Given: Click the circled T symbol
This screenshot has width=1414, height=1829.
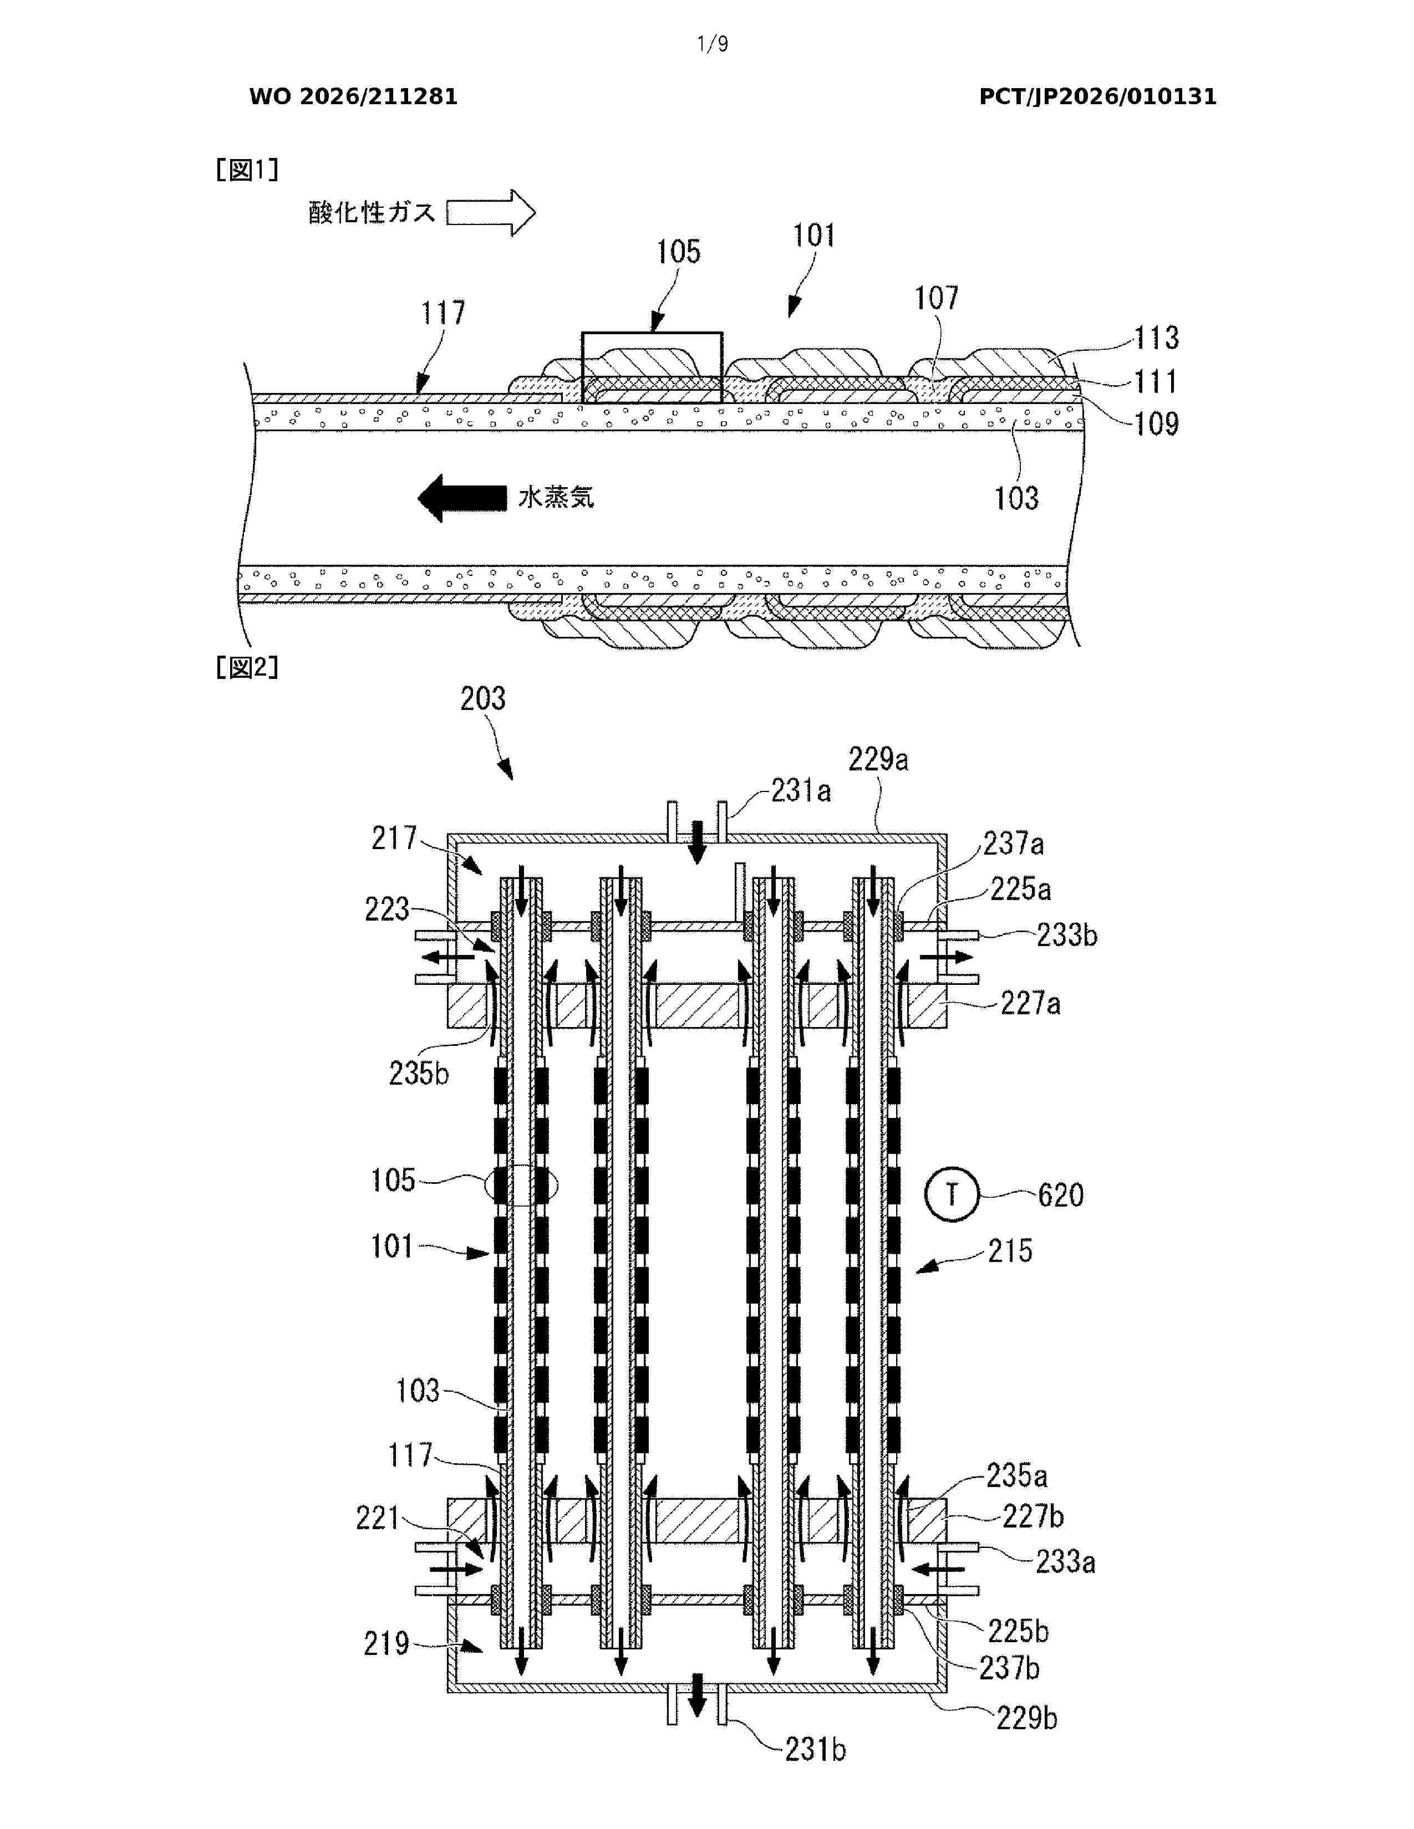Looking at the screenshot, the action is pyautogui.click(x=952, y=1194).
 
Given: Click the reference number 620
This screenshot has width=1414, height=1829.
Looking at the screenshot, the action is pyautogui.click(x=1060, y=1195).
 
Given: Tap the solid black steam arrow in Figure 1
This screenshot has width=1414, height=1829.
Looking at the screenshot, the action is pyautogui.click(x=462, y=498).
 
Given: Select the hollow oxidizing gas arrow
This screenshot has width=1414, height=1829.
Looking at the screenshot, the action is pyautogui.click(x=491, y=213).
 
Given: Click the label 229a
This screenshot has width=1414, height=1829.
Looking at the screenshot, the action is pyautogui.click(x=878, y=759).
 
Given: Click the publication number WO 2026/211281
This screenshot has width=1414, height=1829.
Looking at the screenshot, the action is pyautogui.click(x=354, y=96).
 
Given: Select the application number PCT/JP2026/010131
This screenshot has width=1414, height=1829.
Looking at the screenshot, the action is pyautogui.click(x=1097, y=96).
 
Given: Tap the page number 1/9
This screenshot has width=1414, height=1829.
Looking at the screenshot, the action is pyautogui.click(x=713, y=44).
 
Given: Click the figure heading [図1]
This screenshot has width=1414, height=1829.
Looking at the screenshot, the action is pyautogui.click(x=247, y=170).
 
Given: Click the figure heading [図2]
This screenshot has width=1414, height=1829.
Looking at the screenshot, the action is pyautogui.click(x=247, y=667).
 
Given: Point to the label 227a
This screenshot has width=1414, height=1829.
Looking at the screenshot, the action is pyautogui.click(x=1030, y=1003).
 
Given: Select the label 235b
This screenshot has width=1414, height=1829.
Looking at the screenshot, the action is pyautogui.click(x=419, y=1073).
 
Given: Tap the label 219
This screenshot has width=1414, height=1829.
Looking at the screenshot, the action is pyautogui.click(x=386, y=1643).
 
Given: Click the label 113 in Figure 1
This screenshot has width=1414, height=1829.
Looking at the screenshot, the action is pyautogui.click(x=1157, y=338).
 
